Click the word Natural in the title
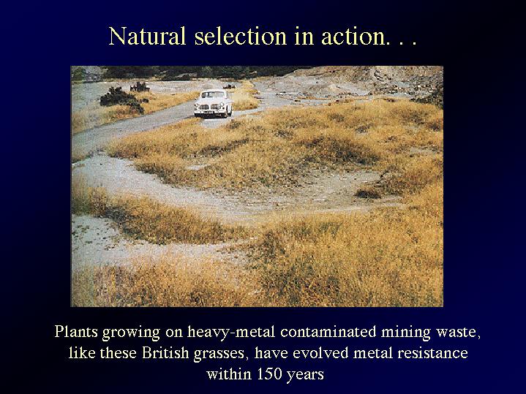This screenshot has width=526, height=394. (147, 36)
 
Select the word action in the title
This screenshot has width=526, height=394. (350, 37)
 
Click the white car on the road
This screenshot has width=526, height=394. (213, 104)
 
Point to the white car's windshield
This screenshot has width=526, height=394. (214, 95)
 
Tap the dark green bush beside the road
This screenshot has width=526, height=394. (122, 98)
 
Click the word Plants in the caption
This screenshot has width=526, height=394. (76, 332)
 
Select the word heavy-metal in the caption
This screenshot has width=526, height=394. (231, 332)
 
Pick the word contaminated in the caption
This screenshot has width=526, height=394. (328, 332)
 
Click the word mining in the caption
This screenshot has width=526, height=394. (406, 333)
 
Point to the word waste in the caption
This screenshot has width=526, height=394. (457, 333)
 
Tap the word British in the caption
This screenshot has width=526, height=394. (165, 353)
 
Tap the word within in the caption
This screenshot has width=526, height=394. (229, 374)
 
